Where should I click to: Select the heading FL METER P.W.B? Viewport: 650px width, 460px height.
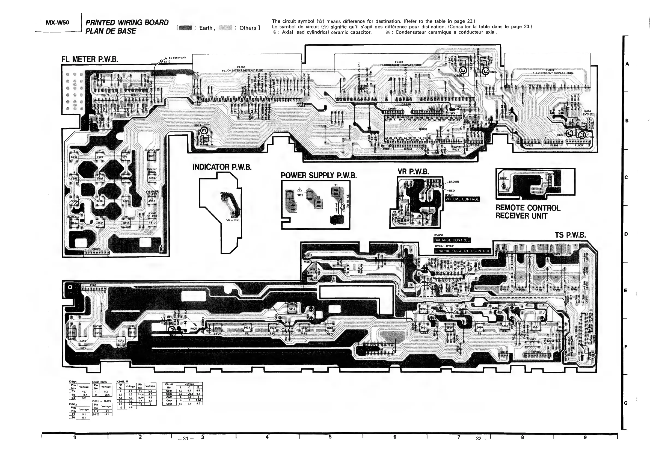[x=90, y=59]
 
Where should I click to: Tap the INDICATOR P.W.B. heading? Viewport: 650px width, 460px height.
[x=222, y=167]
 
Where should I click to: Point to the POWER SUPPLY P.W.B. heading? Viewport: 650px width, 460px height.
[x=319, y=176]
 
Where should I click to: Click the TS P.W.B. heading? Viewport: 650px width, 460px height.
[x=570, y=235]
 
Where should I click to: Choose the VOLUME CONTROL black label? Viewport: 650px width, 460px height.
[x=462, y=199]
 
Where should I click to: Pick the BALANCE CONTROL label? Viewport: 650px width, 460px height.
[x=452, y=240]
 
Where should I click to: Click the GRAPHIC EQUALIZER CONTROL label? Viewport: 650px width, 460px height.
[x=462, y=251]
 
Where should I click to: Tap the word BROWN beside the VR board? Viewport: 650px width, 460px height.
[x=454, y=182]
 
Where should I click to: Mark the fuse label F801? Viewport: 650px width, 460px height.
[x=299, y=195]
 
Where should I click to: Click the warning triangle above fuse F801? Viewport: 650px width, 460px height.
[x=299, y=190]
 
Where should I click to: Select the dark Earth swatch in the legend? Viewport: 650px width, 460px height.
[x=186, y=28]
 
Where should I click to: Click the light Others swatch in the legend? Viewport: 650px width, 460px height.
[x=226, y=28]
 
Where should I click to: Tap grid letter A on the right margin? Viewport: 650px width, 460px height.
[x=627, y=64]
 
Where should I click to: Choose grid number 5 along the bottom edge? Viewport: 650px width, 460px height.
[x=330, y=437]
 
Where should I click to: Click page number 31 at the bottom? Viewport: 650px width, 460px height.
[x=185, y=438]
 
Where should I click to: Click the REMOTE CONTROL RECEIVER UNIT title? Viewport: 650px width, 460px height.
[x=528, y=212]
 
